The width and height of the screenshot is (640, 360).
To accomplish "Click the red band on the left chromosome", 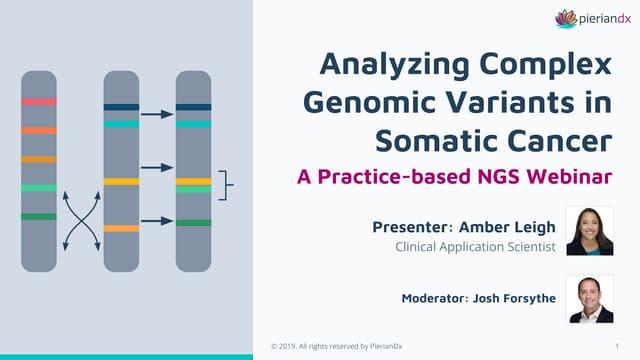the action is point(39,102).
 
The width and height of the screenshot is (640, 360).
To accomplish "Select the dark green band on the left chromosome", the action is point(39,216).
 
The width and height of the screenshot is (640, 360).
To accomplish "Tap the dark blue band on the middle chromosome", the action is point(121,107).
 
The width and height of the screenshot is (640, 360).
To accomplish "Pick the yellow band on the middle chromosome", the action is point(121,182).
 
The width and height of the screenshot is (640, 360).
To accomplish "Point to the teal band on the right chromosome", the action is point(193,124).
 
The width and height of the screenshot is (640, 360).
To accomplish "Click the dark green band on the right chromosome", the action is point(193,223).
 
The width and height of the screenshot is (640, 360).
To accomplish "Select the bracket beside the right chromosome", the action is point(224,185).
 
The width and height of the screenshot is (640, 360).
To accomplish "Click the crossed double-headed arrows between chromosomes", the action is point(82,221).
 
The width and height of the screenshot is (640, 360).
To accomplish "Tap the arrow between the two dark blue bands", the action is point(157,114).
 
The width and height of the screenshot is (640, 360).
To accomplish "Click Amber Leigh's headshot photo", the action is point(590,231).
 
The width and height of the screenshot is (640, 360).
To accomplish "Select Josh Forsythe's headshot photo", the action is point(591,299).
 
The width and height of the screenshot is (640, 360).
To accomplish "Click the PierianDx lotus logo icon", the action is point(566,19).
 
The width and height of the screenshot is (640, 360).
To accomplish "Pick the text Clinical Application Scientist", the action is point(475,247).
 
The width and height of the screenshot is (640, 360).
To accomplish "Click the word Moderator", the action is point(434,298).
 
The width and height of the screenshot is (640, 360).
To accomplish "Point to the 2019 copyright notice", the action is point(337,346).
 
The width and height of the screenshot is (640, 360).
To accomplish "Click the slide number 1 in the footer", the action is point(617,347).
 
